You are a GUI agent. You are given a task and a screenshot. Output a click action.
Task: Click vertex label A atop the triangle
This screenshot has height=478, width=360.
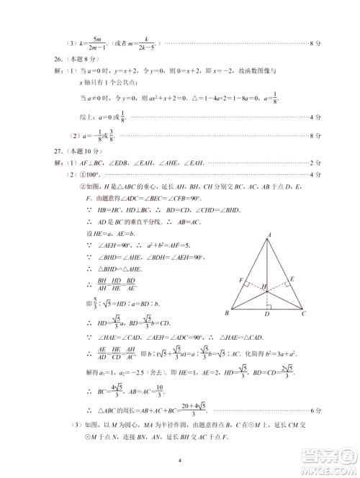[x=269, y=235]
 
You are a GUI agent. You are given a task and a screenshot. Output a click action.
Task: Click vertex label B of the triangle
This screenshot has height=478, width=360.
[x=227, y=314]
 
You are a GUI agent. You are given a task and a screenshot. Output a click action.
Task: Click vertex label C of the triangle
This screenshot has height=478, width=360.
[x=305, y=314]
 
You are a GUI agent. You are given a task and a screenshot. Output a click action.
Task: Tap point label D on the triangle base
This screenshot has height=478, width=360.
[x=268, y=315]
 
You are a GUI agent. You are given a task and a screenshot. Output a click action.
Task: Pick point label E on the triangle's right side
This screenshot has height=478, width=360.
[x=292, y=278]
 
